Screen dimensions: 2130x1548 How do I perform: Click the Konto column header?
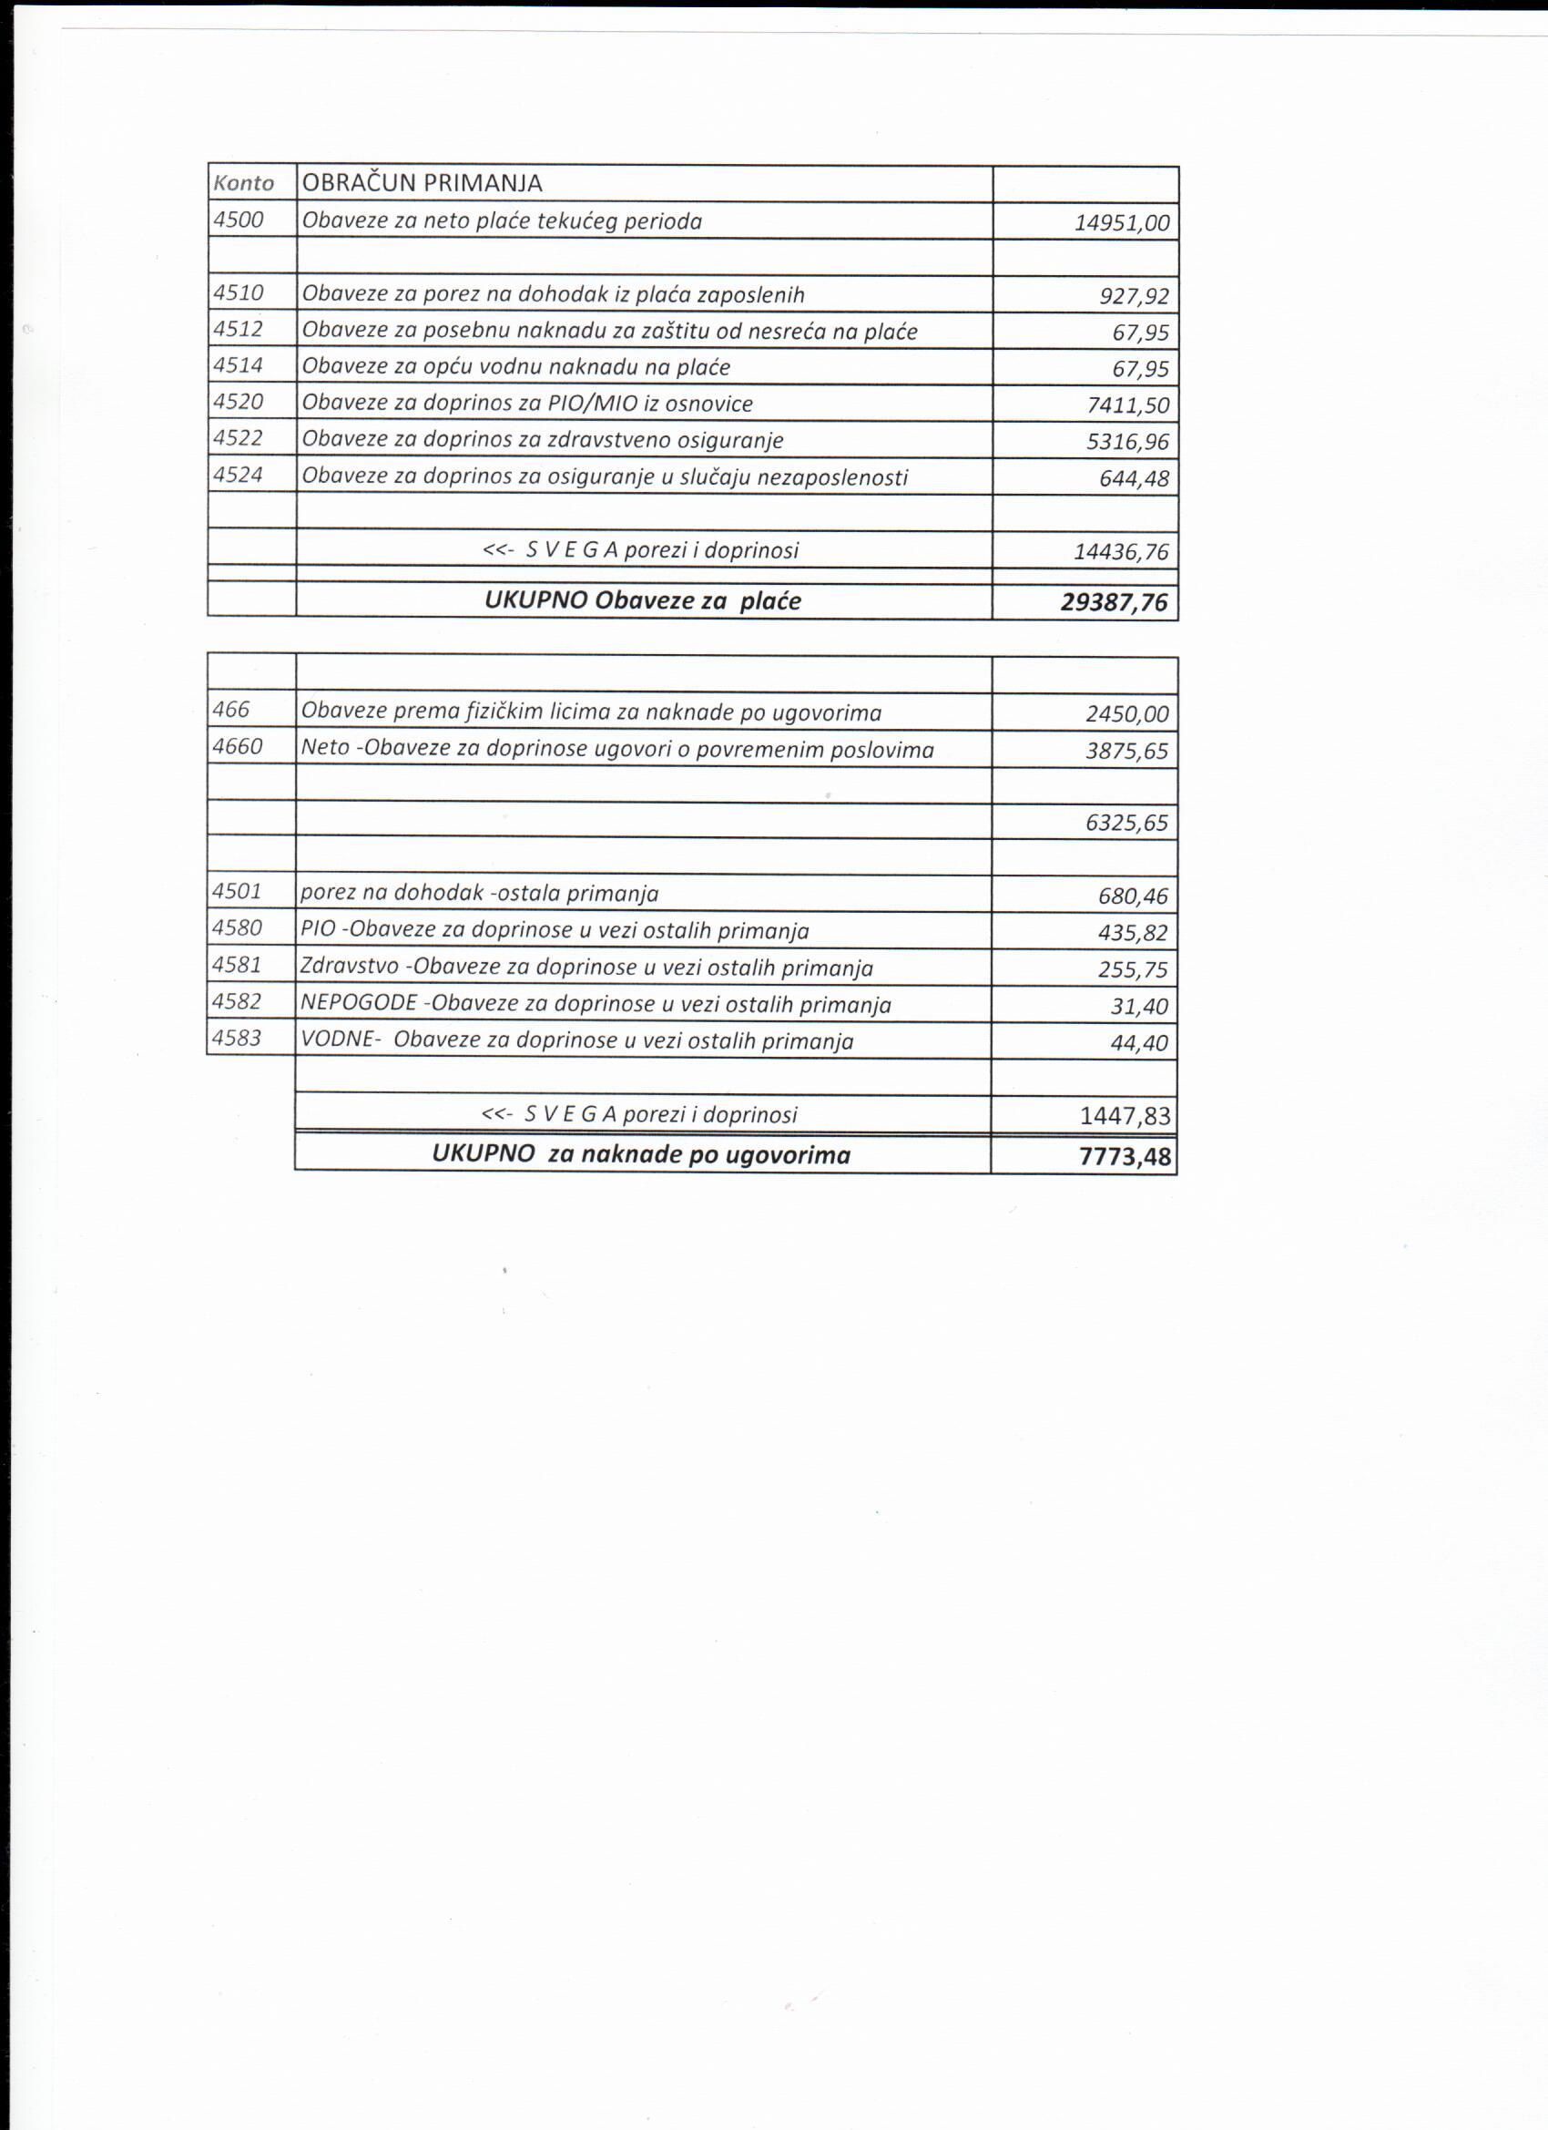(243, 183)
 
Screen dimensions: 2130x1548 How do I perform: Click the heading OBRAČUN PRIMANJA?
(422, 183)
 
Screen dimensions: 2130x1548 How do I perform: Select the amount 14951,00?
(1122, 222)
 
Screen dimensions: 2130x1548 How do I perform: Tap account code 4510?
(239, 293)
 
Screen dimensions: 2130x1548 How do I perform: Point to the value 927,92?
(1134, 297)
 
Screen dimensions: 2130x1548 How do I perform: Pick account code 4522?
(239, 437)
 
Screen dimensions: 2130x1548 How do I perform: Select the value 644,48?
(1134, 479)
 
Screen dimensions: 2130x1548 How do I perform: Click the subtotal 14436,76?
(1121, 551)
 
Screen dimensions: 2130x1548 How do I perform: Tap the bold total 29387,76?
(1115, 602)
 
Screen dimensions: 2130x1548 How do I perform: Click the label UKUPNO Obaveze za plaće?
(642, 601)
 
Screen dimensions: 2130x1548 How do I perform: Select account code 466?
(231, 710)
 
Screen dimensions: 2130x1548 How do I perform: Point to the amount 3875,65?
(1126, 752)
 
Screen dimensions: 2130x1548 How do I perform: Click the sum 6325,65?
(1126, 824)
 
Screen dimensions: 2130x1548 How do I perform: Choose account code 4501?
(238, 890)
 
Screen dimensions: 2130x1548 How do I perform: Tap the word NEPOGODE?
(359, 1003)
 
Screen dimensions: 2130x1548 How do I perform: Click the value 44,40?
(1139, 1042)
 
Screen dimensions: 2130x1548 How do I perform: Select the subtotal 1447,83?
(1125, 1116)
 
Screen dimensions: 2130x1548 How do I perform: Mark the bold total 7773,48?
(1125, 1156)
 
